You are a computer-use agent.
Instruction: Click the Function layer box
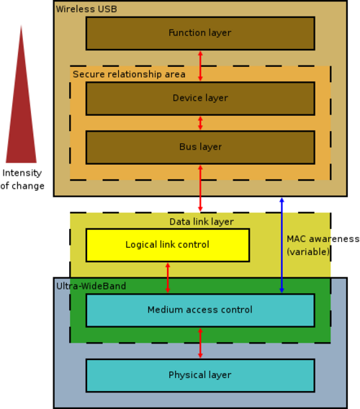200,33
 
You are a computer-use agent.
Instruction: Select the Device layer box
200,99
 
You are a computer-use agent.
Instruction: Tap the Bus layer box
200,148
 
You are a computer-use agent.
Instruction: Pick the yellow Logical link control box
168,246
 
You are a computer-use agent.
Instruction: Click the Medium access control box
200,310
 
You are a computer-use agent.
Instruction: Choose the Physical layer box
200,376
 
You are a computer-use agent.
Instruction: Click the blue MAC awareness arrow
282,246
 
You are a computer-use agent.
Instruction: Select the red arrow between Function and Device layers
200,66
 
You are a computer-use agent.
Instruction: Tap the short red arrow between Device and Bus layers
200,123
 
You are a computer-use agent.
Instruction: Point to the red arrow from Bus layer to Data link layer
200,188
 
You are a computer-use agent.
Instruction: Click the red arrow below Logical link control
168,278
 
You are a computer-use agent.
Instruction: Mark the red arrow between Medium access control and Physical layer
200,343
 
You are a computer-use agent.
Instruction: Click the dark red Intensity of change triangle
21,104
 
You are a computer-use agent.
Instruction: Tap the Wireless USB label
86,9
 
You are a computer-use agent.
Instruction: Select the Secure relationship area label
129,74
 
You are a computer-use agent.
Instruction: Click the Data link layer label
202,222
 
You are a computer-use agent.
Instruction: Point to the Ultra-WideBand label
91,286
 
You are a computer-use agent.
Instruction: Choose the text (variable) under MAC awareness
308,252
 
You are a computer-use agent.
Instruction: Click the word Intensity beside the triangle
22,173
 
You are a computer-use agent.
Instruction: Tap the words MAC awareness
323,239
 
